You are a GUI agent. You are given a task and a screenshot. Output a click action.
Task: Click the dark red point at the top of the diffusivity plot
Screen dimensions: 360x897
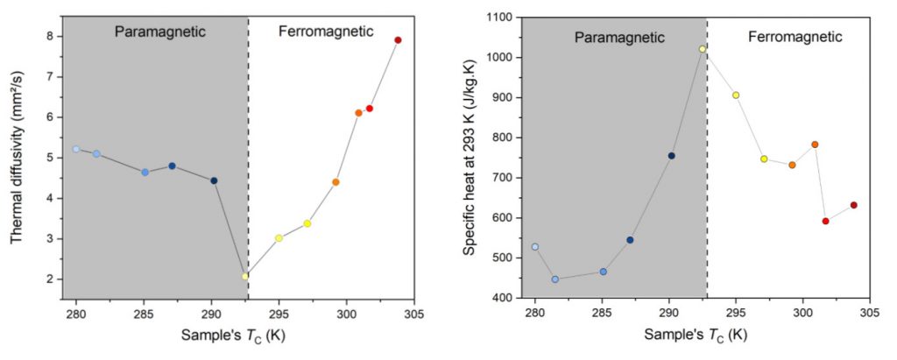398,40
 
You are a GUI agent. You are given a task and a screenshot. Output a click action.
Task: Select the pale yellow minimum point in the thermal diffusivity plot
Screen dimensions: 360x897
245,276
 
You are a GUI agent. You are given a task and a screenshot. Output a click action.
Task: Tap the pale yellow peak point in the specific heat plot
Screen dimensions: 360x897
703,49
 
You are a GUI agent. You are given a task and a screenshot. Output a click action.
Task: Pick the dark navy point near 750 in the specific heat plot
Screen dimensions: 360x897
672,156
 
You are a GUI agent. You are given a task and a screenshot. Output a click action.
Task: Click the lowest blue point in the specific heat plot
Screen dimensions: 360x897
555,279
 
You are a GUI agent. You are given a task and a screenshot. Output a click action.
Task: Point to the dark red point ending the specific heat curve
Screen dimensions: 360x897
853,205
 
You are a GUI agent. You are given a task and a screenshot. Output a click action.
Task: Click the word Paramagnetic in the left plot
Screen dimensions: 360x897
160,32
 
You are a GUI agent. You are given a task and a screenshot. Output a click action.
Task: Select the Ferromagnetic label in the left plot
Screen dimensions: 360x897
326,32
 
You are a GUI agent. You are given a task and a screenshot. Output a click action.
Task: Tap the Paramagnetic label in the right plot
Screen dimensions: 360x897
619,37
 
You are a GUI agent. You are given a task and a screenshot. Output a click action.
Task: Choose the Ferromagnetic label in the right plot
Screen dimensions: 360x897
795,37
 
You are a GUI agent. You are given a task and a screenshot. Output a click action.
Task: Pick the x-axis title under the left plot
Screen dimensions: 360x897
230,335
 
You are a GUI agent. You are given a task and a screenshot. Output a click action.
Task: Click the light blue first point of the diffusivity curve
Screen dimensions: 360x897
76,149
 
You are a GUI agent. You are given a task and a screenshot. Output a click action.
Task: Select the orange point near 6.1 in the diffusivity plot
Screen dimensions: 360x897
358,113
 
